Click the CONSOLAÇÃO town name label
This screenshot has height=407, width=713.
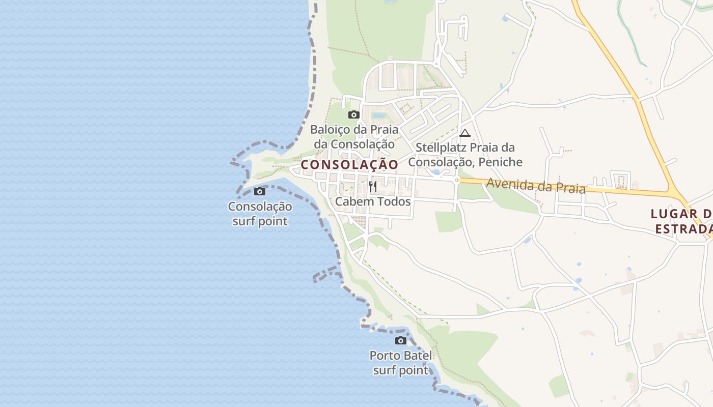[x=349, y=165]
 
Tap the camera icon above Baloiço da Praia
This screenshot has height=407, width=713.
[x=354, y=115]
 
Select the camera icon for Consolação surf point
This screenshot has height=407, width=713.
[x=260, y=192]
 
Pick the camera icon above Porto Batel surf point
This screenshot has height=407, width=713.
[x=401, y=341]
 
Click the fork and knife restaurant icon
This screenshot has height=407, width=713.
[x=373, y=187]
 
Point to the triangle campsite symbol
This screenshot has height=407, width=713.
[x=464, y=133]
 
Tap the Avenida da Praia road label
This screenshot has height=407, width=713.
[x=535, y=185]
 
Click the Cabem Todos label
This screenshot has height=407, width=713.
[x=373, y=201]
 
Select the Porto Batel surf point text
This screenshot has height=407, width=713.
[x=401, y=363]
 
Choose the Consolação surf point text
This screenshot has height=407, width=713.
[x=260, y=214]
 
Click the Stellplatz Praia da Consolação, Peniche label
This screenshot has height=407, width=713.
[x=465, y=155]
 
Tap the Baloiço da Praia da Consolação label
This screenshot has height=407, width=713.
[x=354, y=136]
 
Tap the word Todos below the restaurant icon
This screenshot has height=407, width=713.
[x=393, y=201]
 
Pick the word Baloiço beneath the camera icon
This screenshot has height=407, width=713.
[x=330, y=129]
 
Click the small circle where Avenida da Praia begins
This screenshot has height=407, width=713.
[x=457, y=180]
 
